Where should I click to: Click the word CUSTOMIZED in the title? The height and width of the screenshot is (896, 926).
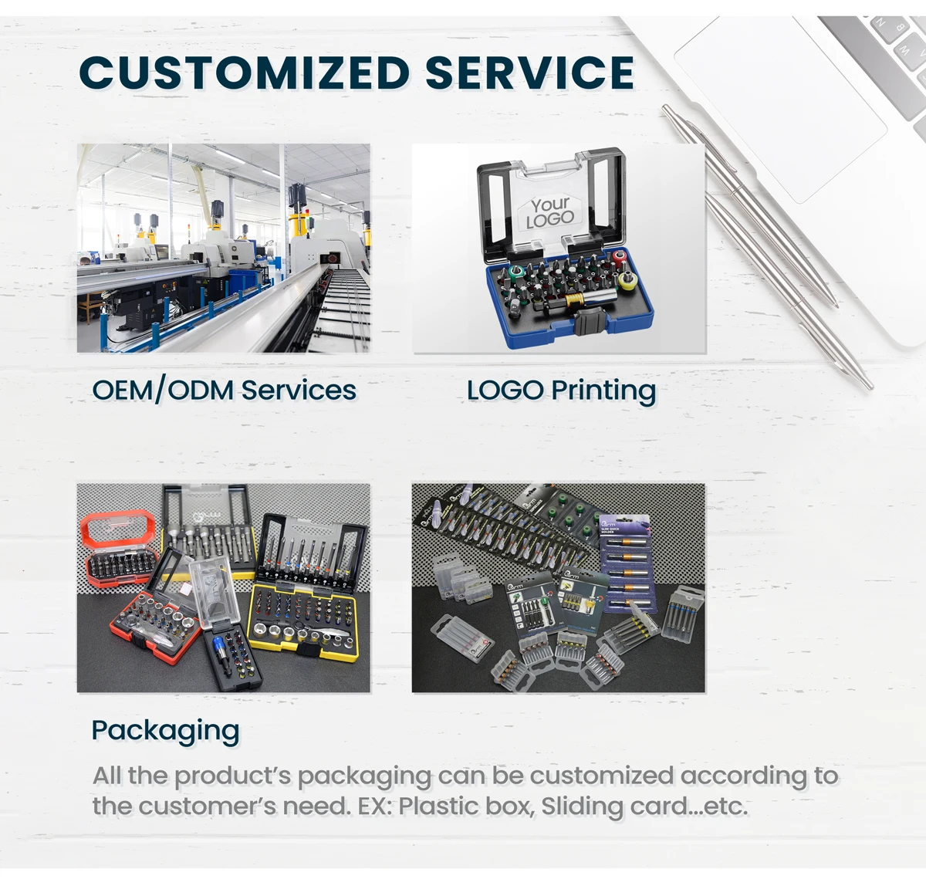pyautogui.click(x=244, y=73)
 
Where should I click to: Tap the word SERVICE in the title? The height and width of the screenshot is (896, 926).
pyautogui.click(x=529, y=73)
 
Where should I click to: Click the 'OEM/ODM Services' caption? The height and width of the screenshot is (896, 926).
pyautogui.click(x=224, y=391)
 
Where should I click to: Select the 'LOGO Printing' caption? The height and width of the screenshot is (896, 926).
pyautogui.click(x=562, y=391)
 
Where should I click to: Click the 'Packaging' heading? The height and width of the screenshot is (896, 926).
pyautogui.click(x=166, y=731)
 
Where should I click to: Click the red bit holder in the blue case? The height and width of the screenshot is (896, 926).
pyautogui.click(x=620, y=259)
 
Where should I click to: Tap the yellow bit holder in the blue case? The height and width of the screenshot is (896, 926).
pyautogui.click(x=627, y=281)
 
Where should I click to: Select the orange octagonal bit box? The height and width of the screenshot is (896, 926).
pyautogui.click(x=119, y=548)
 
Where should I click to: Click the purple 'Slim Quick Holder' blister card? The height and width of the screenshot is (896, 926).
pyautogui.click(x=627, y=564)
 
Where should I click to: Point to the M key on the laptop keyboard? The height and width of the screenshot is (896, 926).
pyautogui.click(x=906, y=51)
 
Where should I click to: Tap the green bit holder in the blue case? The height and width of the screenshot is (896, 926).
pyautogui.click(x=515, y=272)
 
